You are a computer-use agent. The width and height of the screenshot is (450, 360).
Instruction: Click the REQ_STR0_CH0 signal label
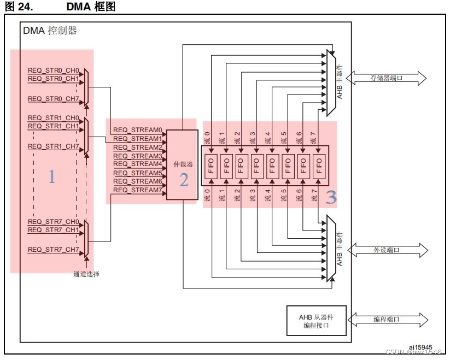coord(54,71)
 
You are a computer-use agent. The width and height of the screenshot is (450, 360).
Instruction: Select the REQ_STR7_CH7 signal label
coord(54,250)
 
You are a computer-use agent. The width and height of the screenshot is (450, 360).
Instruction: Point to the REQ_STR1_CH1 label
coord(54,126)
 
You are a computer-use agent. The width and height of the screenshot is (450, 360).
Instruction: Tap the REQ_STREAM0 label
coord(138,131)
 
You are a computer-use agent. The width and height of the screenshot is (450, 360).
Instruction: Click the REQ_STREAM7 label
coord(138,190)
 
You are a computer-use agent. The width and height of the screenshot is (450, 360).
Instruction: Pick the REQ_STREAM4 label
coord(138,164)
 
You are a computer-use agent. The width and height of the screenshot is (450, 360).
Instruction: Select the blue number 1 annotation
coord(52,176)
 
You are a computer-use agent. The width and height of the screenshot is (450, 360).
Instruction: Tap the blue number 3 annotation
coord(331,197)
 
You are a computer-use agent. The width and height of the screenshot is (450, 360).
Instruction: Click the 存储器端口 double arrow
coord(386,78)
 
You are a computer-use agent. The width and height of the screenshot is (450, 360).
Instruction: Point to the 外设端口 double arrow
coord(386,250)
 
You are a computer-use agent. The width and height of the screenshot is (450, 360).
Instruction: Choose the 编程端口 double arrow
coord(386,319)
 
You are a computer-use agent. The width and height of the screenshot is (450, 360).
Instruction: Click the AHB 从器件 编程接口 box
coord(317,321)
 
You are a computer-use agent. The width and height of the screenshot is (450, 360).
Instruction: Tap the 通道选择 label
coord(86,274)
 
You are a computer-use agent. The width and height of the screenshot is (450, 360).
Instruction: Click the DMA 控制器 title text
coord(50,31)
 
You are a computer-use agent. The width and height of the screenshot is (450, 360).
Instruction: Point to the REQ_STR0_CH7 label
coord(54,99)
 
